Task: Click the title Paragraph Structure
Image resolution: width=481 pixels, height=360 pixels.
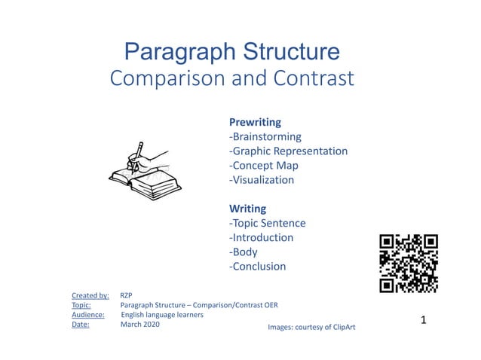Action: coord(231,52)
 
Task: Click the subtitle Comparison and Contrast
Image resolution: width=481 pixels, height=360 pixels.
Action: coord(231,78)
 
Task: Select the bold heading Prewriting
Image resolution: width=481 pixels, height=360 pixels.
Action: coord(255,122)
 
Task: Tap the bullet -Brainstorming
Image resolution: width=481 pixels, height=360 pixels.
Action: coord(265,136)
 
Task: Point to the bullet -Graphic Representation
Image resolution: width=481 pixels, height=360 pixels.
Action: coord(288,151)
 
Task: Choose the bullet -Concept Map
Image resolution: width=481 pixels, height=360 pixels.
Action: coord(263,166)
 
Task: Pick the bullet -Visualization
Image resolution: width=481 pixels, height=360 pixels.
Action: coord(261,180)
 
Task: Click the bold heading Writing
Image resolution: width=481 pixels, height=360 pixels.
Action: coord(247,209)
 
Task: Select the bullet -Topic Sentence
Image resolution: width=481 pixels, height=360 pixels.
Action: coord(267,223)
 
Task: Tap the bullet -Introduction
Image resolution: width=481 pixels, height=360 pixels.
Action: coord(261,237)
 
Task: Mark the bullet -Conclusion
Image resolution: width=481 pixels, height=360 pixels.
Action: coord(257,266)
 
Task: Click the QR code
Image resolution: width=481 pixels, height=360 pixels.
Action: coord(409,263)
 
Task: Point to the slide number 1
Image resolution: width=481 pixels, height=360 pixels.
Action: coord(424,320)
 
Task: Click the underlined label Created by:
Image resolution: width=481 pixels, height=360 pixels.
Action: coord(90,295)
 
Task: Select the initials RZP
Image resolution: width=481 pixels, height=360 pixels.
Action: coord(127,295)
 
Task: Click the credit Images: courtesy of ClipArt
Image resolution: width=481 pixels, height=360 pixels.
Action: coord(311,328)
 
